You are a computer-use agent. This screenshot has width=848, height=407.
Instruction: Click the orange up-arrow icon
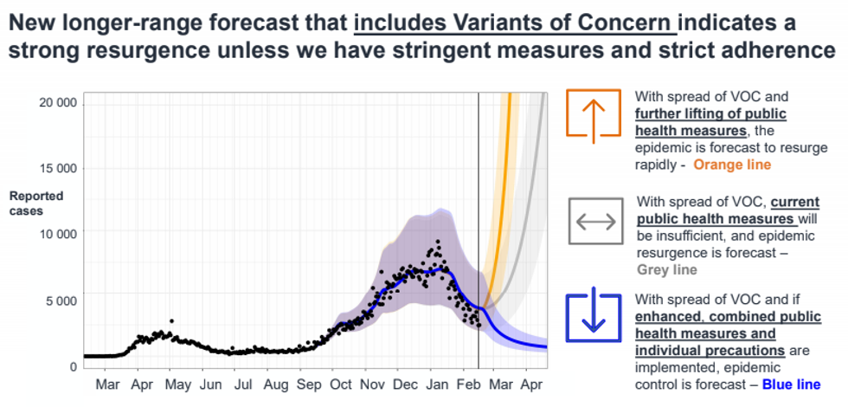593,114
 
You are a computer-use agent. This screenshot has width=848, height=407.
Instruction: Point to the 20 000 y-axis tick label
58,102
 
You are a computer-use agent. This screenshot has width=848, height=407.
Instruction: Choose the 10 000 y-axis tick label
58,234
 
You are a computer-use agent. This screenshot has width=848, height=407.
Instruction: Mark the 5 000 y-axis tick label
61,300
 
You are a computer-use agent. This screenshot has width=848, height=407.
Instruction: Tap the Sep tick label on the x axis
310,384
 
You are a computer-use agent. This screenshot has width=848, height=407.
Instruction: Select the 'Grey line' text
666,270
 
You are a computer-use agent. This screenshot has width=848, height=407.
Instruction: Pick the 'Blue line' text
791,384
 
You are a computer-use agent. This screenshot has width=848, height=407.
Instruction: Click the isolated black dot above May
171,321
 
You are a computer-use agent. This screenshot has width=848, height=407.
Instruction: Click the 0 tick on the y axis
74,366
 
